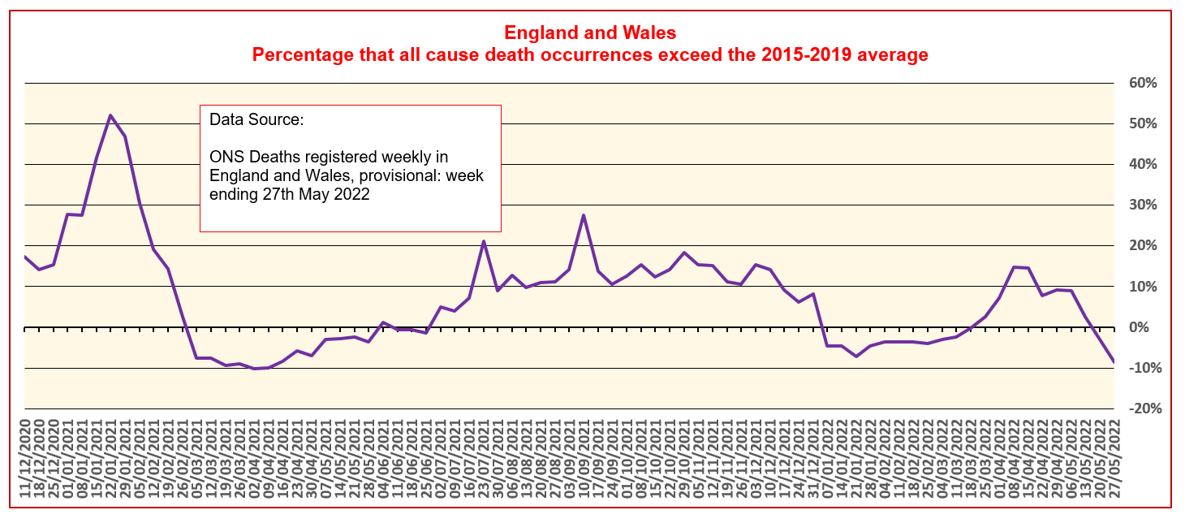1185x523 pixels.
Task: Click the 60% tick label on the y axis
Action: [1140, 84]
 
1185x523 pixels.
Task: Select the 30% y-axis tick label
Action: [1140, 205]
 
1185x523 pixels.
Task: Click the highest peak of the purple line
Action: [110, 115]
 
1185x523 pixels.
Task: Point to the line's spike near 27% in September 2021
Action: [584, 215]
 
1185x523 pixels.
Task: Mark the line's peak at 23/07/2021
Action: [484, 241]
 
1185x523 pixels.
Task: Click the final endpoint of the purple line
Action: [1114, 361]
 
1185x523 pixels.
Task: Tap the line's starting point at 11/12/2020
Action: [25, 257]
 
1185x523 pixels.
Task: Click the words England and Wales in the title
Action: [590, 33]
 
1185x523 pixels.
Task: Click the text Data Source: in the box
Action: [256, 120]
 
